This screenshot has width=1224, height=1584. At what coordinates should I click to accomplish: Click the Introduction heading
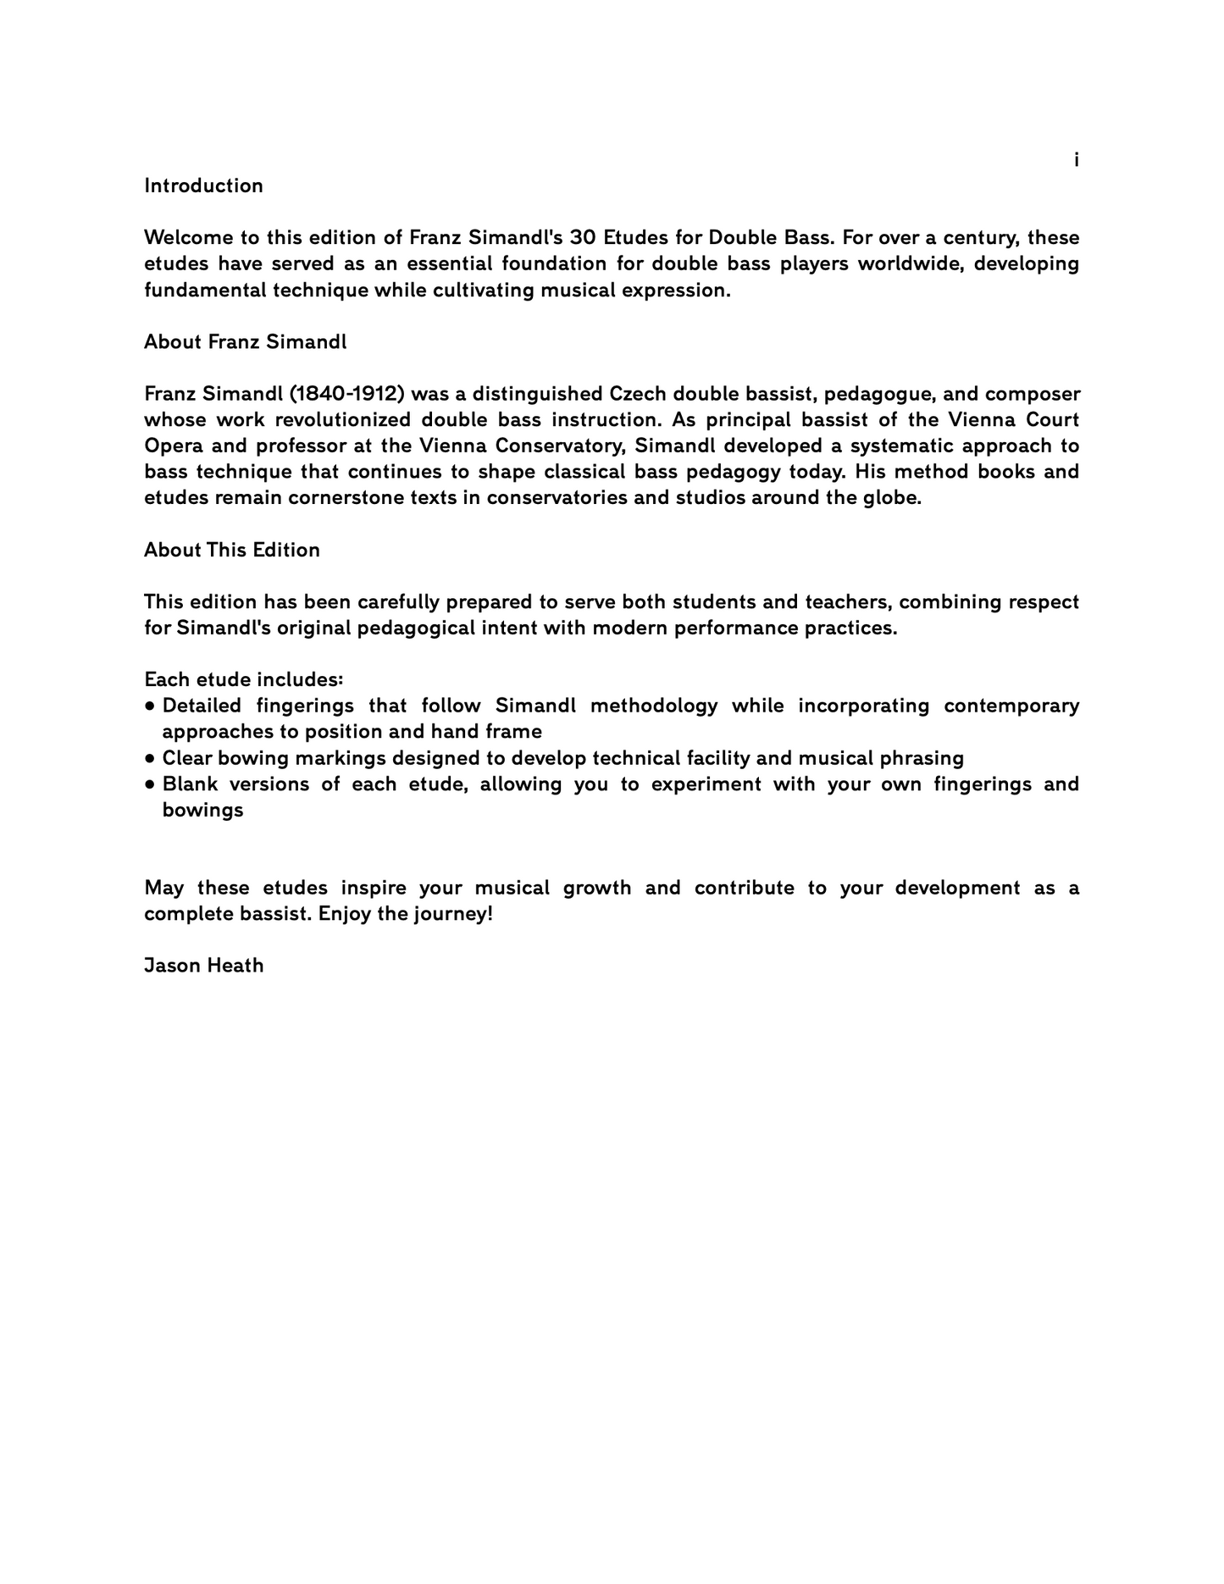[x=203, y=186]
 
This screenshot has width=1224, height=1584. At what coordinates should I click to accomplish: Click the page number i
[x=1076, y=159]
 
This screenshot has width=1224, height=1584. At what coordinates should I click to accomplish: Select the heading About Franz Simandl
[x=245, y=341]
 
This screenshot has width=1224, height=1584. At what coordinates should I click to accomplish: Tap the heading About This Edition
[x=232, y=550]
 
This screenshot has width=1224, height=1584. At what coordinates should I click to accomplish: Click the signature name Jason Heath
[x=203, y=965]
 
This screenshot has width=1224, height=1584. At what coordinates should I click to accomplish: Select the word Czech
[x=637, y=394]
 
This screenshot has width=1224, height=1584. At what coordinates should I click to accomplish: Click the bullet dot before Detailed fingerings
[x=150, y=706]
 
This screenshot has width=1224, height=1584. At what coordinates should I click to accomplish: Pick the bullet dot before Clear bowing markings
[x=150, y=758]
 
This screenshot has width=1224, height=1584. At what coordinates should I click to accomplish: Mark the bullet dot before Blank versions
[x=150, y=784]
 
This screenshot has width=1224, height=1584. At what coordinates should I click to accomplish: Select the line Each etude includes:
[x=244, y=679]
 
